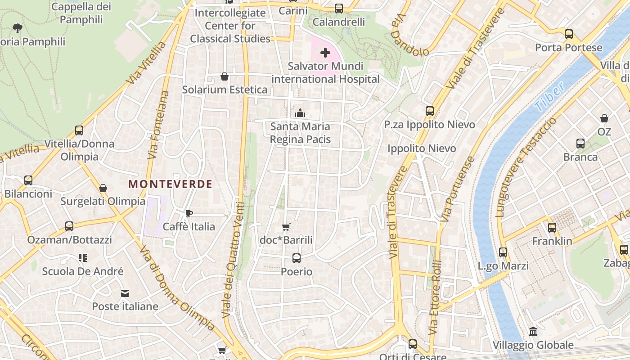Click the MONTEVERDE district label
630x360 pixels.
click(170, 184)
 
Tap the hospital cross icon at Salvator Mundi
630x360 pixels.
click(325, 53)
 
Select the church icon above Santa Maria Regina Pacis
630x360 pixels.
click(300, 112)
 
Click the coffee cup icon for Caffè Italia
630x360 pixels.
click(189, 213)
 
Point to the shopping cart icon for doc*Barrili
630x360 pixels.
click(286, 227)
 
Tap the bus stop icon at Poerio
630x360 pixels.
click(296, 258)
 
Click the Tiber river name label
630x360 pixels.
click(550, 98)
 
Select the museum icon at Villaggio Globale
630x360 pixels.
click(533, 331)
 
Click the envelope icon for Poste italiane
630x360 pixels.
click(125, 293)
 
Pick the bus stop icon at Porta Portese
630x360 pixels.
click(569, 34)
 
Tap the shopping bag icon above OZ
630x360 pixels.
click(604, 118)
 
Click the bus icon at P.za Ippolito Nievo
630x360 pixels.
click(430, 111)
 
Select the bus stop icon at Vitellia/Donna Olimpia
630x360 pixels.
click(79, 130)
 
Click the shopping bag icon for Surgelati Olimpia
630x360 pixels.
click(103, 188)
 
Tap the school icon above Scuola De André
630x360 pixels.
click(82, 258)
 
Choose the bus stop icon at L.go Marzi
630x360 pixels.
click(503, 252)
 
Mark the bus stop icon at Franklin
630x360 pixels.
click(552, 228)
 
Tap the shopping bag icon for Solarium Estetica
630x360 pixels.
click(225, 76)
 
